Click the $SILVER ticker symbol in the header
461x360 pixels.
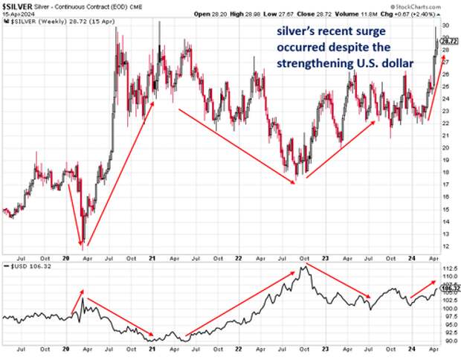click(x=15, y=4)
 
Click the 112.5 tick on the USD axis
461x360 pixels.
click(x=448, y=267)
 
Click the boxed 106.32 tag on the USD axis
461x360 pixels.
click(x=450, y=287)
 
